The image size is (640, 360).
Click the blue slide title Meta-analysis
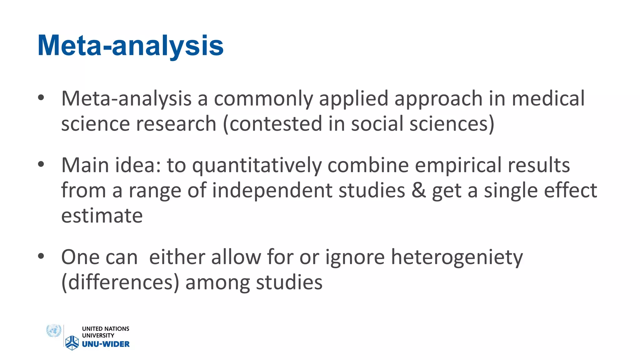[x=130, y=46]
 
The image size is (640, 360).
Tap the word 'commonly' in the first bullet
[x=263, y=99]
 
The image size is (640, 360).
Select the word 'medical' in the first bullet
[x=548, y=99]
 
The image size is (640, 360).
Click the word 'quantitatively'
[x=257, y=166]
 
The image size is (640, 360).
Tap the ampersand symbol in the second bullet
[x=418, y=190]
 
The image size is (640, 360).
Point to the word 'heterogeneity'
[x=457, y=257]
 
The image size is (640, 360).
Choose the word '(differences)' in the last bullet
[x=120, y=282]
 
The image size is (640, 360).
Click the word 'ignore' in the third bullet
[x=355, y=257]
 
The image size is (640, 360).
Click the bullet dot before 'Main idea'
[x=41, y=164]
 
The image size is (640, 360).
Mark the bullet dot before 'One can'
[x=41, y=256]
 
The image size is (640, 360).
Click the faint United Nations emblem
[x=53, y=331]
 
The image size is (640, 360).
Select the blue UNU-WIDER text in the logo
[x=106, y=344]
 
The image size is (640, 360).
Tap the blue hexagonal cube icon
[x=72, y=342]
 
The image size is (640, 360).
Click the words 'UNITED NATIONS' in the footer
[x=105, y=329]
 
